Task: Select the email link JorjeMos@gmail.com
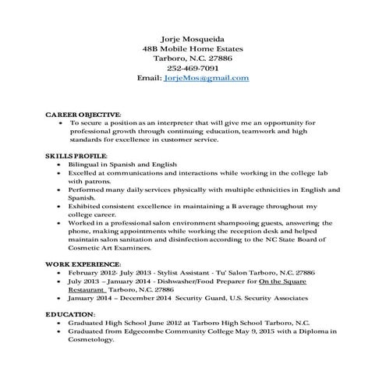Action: coord(207,79)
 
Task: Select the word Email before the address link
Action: coord(148,79)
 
